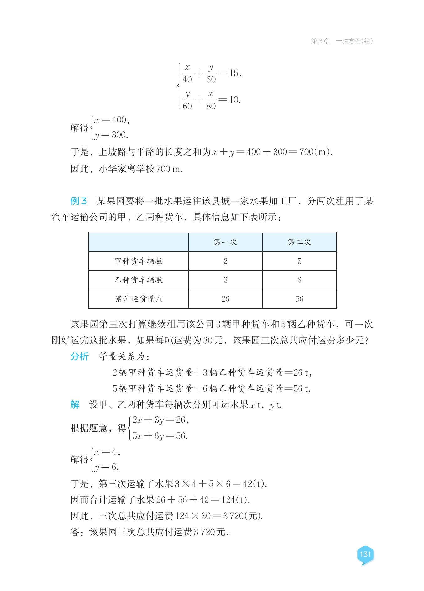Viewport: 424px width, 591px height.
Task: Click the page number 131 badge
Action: click(365, 554)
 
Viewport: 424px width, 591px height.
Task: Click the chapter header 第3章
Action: click(320, 41)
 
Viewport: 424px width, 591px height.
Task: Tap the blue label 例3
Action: click(78, 201)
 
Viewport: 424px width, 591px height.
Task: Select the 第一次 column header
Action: click(225, 242)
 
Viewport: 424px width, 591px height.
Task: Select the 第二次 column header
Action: click(299, 242)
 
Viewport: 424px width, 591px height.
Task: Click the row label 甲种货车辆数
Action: click(139, 261)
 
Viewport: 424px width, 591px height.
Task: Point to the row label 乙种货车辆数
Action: click(139, 280)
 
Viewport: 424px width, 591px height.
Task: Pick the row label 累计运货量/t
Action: click(139, 299)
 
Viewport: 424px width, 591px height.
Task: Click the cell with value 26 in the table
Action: click(225, 299)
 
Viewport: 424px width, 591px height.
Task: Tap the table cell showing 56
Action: click(299, 299)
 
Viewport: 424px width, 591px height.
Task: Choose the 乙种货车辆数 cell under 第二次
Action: click(299, 280)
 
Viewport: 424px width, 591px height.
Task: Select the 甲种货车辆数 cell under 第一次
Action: click(225, 261)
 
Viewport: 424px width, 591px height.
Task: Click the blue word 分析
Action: click(79, 356)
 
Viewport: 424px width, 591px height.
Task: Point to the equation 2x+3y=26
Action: click(160, 420)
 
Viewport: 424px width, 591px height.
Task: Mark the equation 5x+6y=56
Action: click(160, 436)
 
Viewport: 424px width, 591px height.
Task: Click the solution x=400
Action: click(112, 120)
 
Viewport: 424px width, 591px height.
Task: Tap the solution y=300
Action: click(111, 135)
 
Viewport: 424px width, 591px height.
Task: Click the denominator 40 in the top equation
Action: click(187, 80)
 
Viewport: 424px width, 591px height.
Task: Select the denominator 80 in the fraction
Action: click(211, 106)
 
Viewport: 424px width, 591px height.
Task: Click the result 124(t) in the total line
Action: click(235, 500)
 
